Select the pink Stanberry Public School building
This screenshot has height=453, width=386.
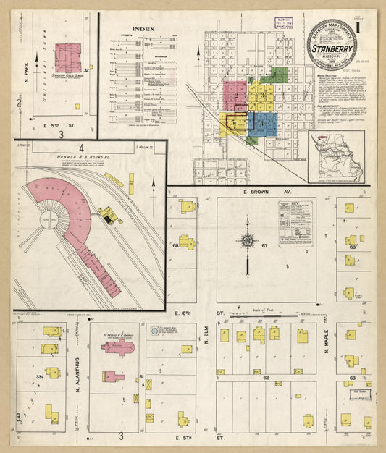pyautogui.click(x=68, y=57)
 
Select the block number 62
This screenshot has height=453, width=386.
pyautogui.click(x=267, y=378)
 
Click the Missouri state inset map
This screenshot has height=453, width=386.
pyautogui.click(x=335, y=156)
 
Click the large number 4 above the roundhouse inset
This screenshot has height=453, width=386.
pyautogui.click(x=83, y=146)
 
